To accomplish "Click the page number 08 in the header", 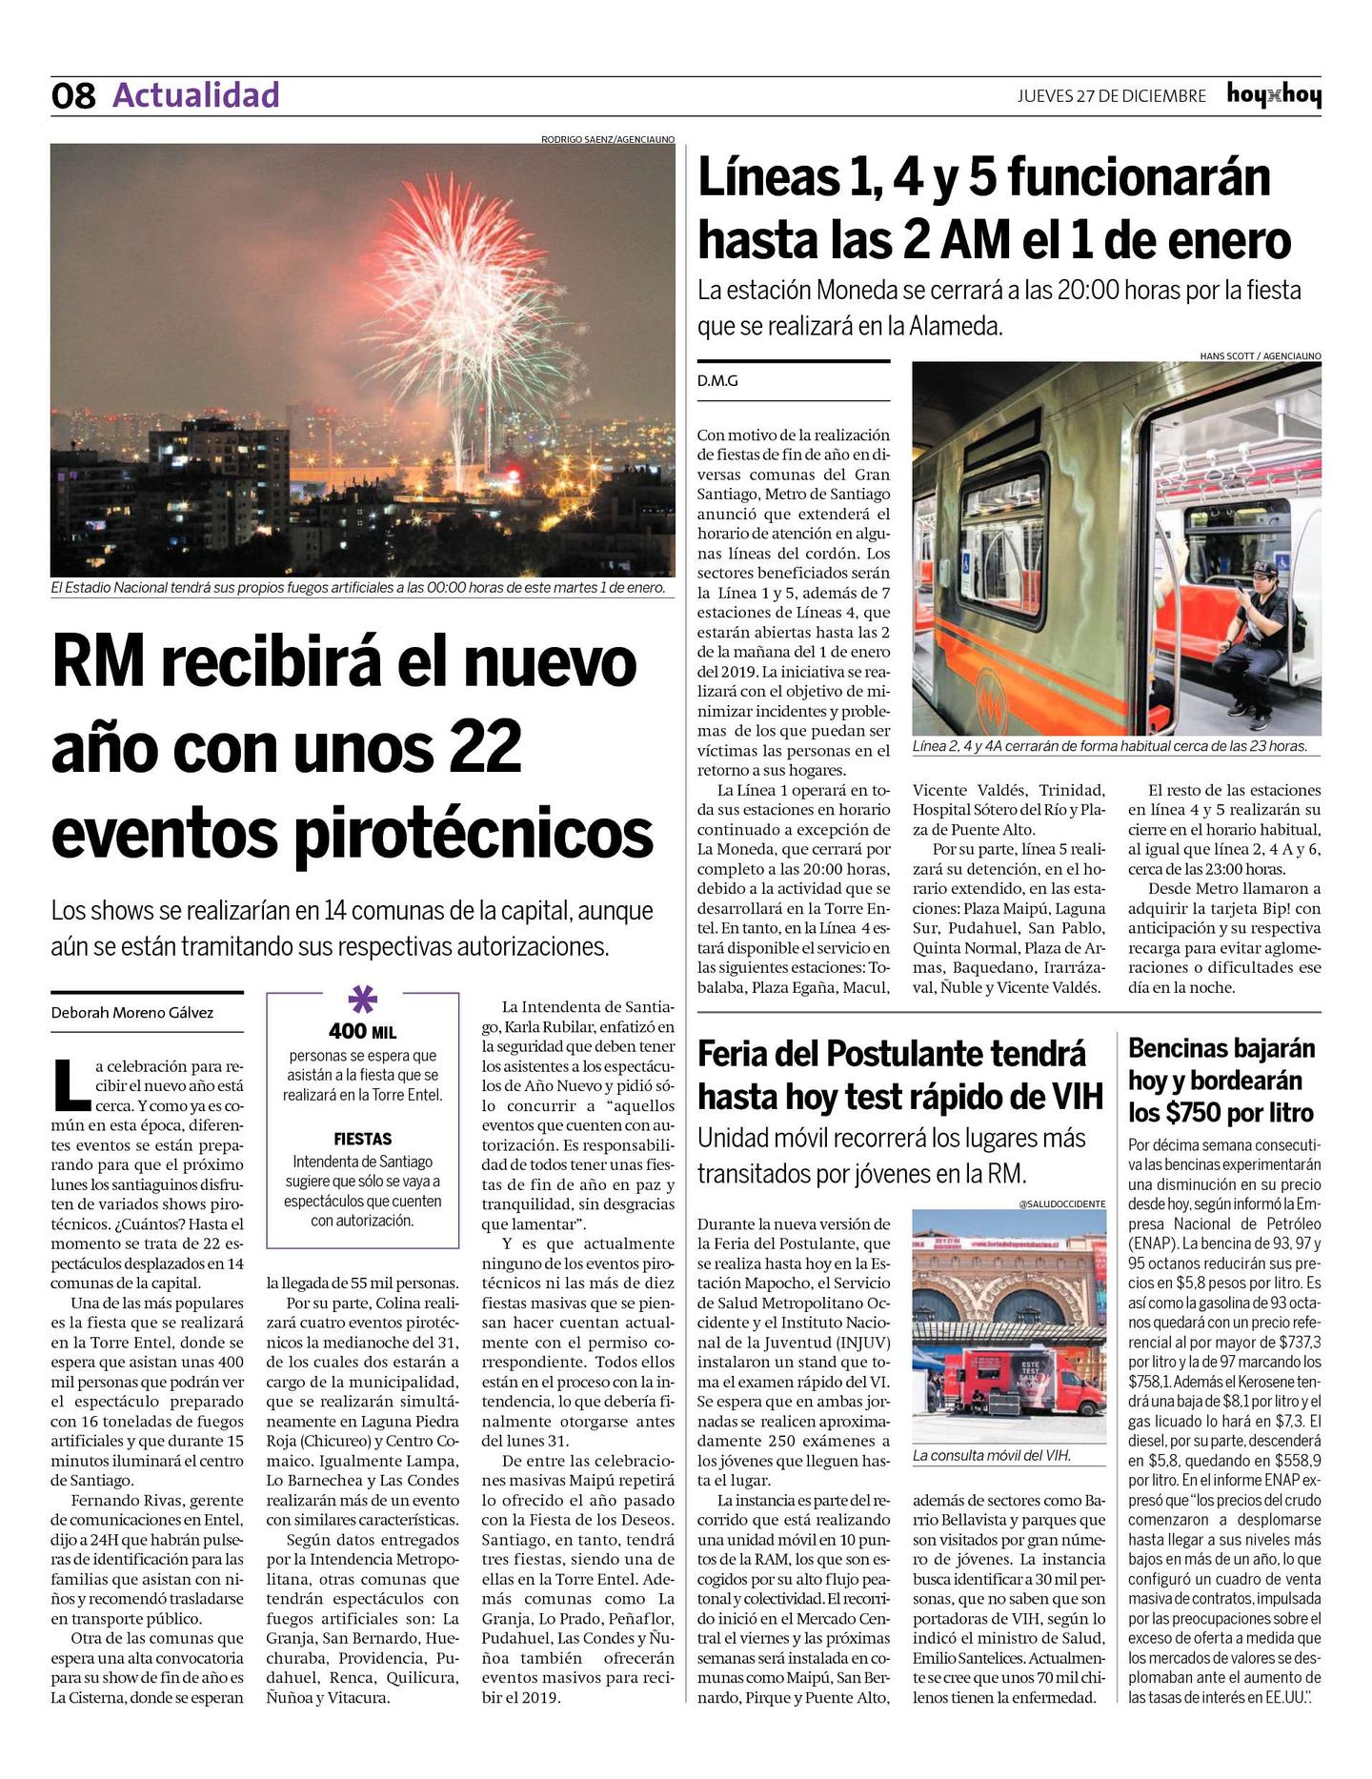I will [73, 96].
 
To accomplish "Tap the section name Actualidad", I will [196, 95].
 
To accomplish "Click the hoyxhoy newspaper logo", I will [1274, 95].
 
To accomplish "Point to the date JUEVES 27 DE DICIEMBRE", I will [1111, 96].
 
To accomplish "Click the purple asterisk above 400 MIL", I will [363, 1000].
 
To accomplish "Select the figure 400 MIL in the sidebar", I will [362, 1032].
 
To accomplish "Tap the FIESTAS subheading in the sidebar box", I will [362, 1139].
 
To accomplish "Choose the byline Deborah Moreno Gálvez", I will [132, 1013].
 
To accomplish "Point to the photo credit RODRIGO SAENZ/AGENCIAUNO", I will [607, 139].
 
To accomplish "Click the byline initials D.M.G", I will [717, 381].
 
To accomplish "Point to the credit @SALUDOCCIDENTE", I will [1061, 1203].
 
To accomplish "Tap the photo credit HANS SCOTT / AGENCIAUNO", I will [1260, 355].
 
